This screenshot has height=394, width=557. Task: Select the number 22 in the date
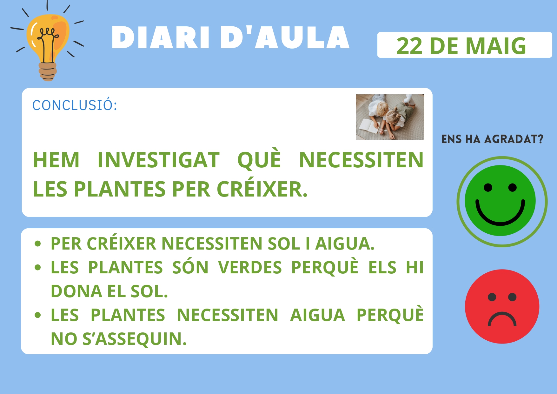tap(409, 46)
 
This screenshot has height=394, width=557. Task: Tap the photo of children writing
tap(390, 117)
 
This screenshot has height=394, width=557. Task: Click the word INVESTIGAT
tap(158, 160)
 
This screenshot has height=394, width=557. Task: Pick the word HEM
tap(56, 160)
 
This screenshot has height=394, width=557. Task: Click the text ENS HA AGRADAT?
tap(492, 139)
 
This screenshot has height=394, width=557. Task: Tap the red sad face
tap(502, 306)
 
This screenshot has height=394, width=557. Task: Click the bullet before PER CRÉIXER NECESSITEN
tap(38, 244)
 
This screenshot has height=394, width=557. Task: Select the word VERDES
tap(250, 267)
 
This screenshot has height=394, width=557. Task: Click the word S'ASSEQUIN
tap(135, 339)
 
